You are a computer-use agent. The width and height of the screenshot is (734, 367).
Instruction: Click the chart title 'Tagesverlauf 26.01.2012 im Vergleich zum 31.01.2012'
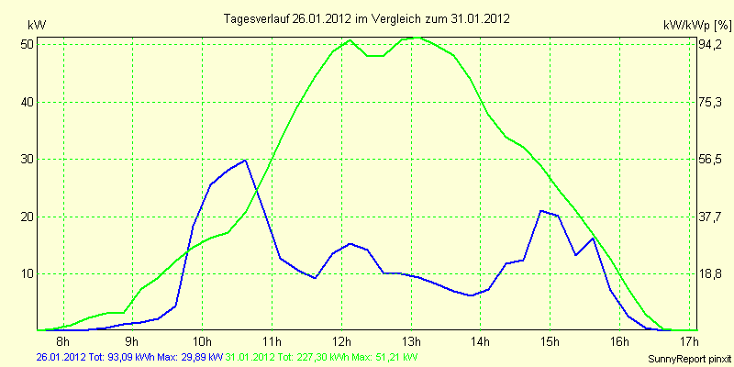pos(366,19)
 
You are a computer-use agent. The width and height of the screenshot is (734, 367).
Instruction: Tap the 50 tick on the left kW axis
pos(26,44)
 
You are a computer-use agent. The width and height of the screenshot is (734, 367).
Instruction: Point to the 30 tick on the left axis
pos(26,160)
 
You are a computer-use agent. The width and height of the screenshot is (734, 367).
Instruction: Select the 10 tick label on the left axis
pos(26,273)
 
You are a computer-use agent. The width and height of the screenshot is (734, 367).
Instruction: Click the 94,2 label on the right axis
pos(707,44)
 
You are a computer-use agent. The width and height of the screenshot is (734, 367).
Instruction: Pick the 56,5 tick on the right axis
pos(707,160)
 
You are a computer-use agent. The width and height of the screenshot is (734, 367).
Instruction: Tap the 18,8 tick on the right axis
pos(707,273)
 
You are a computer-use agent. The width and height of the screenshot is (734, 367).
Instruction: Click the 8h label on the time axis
pos(62,340)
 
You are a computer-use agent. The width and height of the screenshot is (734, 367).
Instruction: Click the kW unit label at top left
pos(37,25)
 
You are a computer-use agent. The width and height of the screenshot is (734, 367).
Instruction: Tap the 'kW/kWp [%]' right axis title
pos(697,25)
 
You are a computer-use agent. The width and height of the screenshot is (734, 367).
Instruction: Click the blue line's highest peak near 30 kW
pos(245,160)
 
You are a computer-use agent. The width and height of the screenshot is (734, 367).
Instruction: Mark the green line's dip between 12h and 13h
pos(375,56)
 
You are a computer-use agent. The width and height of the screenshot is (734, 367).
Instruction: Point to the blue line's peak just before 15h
pos(541,211)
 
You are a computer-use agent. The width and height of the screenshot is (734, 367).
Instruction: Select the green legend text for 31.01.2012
pos(322,356)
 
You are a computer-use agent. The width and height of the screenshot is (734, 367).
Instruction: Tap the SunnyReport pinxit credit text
pos(690,359)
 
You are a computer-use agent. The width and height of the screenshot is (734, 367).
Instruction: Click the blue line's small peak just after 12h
pos(350,244)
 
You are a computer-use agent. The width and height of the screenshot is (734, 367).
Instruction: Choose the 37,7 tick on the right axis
pos(707,217)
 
